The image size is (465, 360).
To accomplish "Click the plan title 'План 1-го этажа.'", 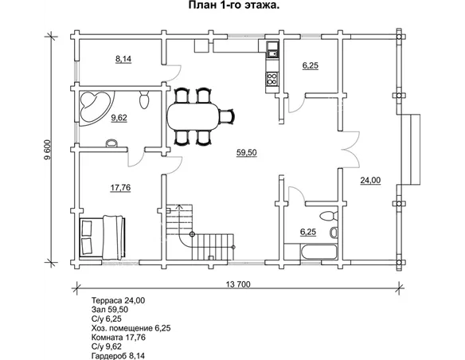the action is click(x=233, y=5).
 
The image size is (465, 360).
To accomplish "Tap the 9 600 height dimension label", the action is click(x=48, y=150).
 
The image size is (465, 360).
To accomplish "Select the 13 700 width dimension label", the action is click(x=238, y=284).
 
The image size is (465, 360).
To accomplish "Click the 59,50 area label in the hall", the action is click(x=247, y=152).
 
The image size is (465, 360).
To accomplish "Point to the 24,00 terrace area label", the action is click(x=370, y=180).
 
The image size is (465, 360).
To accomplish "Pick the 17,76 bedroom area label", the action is click(x=120, y=187).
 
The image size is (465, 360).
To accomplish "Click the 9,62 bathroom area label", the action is click(x=119, y=118).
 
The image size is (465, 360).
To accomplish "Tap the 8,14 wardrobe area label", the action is click(x=123, y=59).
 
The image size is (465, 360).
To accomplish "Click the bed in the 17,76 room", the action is click(x=102, y=237).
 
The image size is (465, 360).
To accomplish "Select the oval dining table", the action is click(x=193, y=116).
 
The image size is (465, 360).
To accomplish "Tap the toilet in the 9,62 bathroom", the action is click(x=144, y=100).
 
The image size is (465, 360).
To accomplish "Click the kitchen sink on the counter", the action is click(x=272, y=49).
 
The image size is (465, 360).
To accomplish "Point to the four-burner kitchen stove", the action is click(x=272, y=79).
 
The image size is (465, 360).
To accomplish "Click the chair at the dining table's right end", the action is click(x=228, y=116).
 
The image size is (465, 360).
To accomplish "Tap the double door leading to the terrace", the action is click(x=350, y=149).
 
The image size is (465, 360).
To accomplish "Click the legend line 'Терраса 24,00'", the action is click(x=119, y=300).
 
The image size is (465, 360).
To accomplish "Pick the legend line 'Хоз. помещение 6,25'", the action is click(x=131, y=328).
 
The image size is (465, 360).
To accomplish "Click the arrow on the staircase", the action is click(x=179, y=219).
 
